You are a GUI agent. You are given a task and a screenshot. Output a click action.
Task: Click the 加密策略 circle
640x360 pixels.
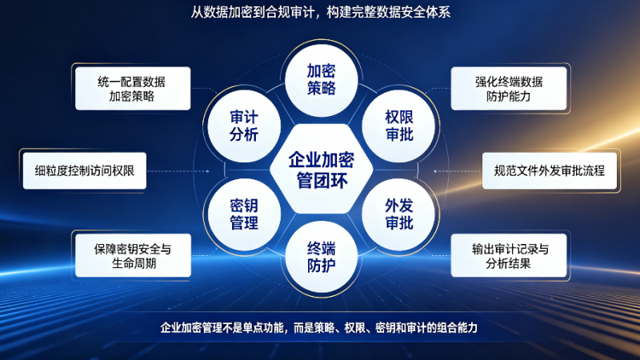(x=322, y=80)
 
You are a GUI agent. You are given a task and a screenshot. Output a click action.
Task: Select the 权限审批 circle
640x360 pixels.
(x=398, y=126)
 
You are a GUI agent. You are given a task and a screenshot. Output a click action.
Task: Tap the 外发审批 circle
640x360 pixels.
(x=398, y=214)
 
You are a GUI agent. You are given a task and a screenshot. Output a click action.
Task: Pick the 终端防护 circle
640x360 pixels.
(x=322, y=257)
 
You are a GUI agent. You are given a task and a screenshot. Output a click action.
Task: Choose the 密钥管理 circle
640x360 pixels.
(x=244, y=214)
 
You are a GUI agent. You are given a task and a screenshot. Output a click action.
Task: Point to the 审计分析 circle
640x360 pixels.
(x=244, y=126)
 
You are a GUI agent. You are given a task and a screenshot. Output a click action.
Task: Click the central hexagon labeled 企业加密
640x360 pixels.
(x=322, y=169)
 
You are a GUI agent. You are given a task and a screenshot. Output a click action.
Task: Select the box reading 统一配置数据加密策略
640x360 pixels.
(x=133, y=89)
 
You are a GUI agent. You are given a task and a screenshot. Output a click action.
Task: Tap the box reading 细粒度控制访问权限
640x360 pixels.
(x=85, y=170)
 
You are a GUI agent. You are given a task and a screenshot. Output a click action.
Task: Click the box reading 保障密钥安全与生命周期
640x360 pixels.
(x=133, y=256)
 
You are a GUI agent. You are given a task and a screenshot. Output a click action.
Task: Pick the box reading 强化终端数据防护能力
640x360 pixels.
(x=509, y=89)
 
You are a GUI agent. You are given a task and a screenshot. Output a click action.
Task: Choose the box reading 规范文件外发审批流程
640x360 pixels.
(x=550, y=170)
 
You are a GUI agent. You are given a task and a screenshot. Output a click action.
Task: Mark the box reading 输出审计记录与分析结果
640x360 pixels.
(x=509, y=256)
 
